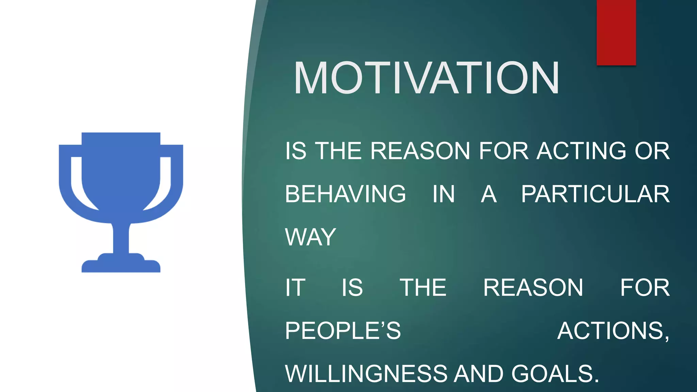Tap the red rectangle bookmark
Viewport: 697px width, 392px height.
click(x=616, y=32)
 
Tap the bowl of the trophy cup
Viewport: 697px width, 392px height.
click(x=121, y=170)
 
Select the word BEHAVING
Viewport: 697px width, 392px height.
click(x=345, y=194)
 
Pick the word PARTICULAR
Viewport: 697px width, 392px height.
click(x=595, y=194)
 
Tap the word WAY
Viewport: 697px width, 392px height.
click(x=310, y=237)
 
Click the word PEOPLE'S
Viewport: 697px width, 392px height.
click(x=343, y=330)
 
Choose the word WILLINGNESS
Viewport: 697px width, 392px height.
click(x=366, y=374)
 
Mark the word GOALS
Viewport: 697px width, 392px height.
click(x=555, y=374)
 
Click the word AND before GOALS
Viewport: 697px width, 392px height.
click(x=479, y=374)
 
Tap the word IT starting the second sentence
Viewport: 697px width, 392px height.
click(x=295, y=288)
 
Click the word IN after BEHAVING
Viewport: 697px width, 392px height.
click(x=443, y=194)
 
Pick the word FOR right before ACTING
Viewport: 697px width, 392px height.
click(x=504, y=151)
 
